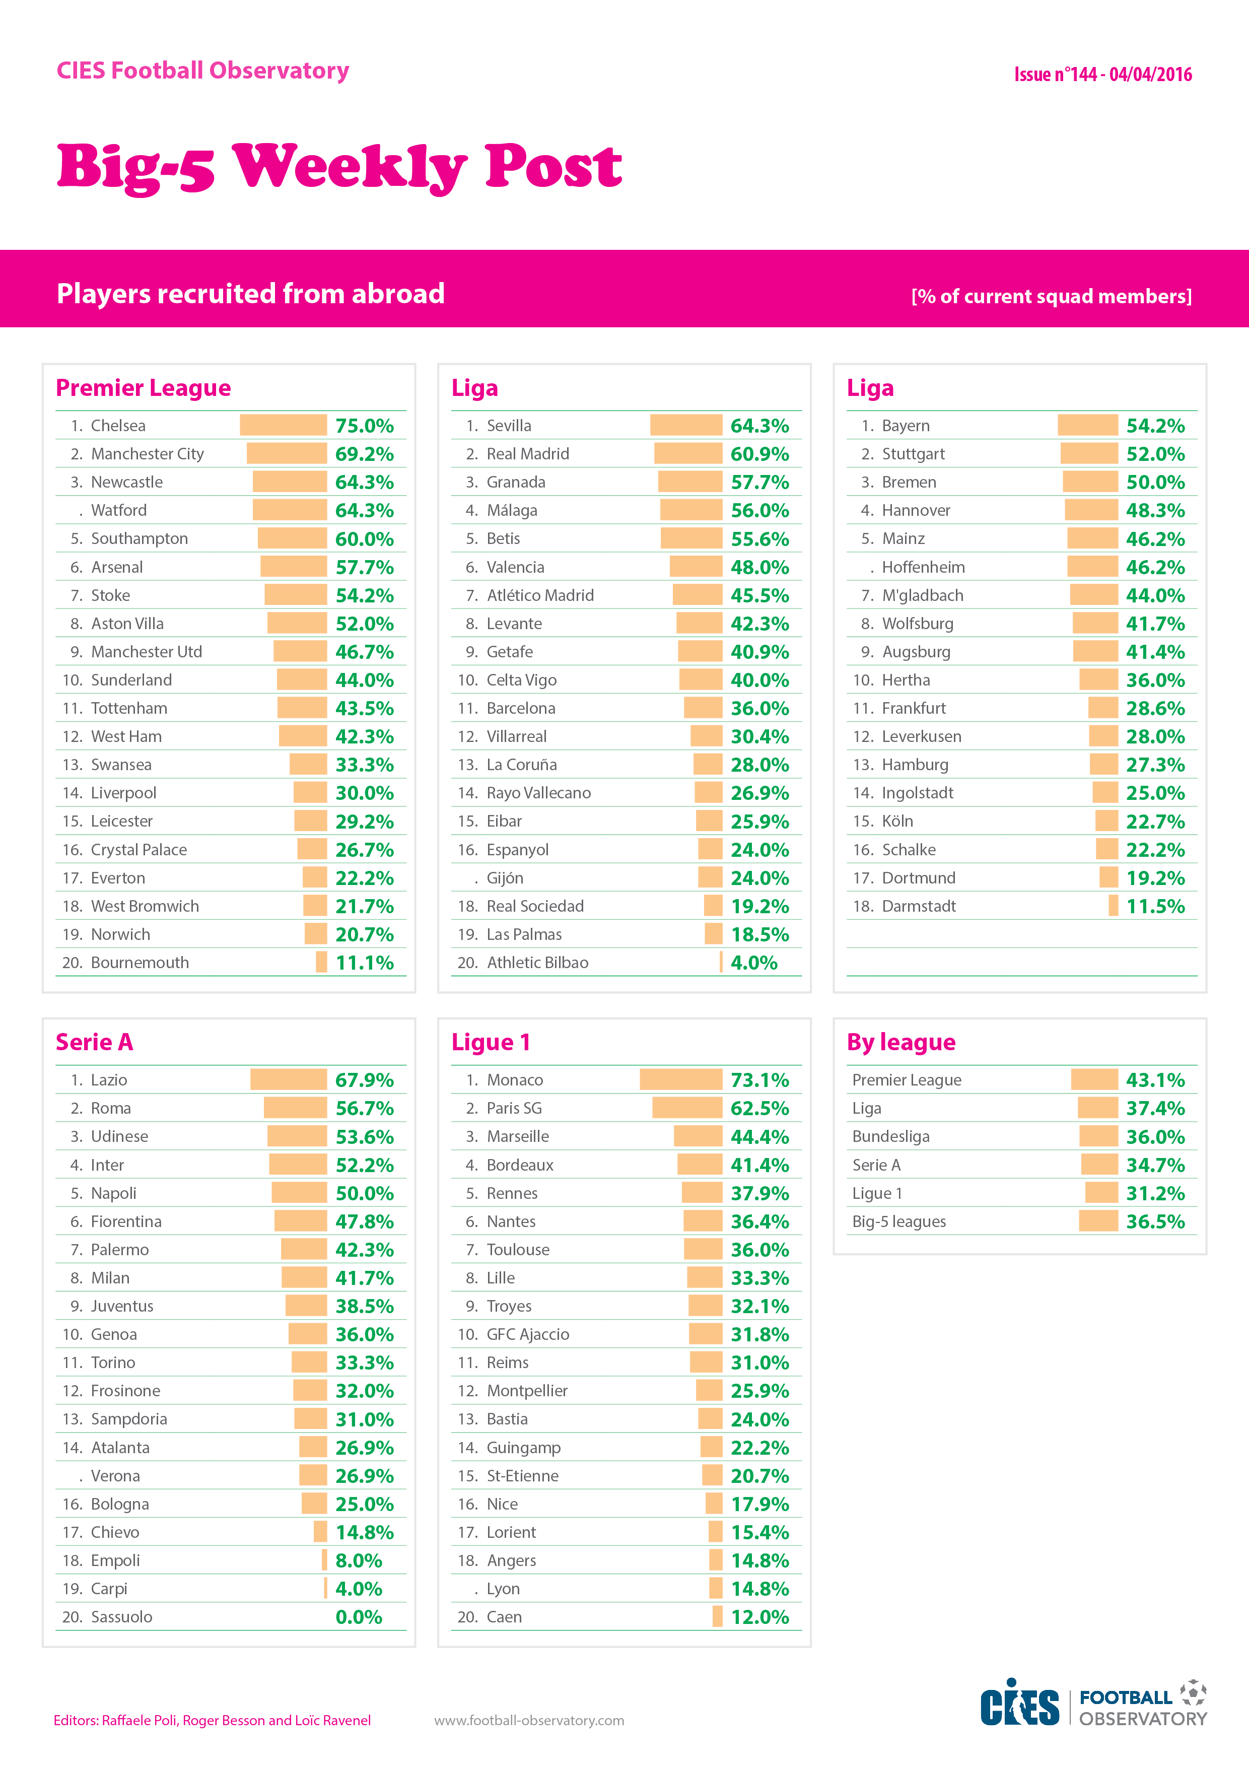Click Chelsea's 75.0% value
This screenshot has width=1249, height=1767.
(364, 426)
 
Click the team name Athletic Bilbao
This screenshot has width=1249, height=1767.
(537, 962)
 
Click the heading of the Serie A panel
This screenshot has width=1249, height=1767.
(95, 1042)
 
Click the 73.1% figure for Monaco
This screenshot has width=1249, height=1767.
(759, 1080)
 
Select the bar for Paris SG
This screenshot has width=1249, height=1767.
(687, 1108)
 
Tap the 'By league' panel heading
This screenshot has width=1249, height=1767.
(901, 1042)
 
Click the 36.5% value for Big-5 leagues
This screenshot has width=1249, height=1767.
(1155, 1221)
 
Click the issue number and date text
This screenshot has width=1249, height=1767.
(1103, 75)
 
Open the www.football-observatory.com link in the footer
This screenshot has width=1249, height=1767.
(529, 1720)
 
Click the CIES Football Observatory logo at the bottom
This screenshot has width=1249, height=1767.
(1093, 1703)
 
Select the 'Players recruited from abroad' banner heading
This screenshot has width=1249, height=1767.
(251, 293)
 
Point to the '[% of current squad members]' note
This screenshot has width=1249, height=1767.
(1051, 296)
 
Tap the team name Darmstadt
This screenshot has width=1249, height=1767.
(919, 906)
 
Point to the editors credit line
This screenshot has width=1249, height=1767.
(213, 1720)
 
